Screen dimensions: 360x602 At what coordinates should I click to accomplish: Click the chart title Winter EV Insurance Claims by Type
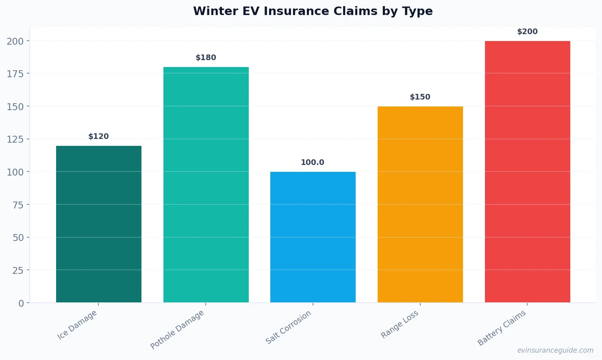click(x=313, y=11)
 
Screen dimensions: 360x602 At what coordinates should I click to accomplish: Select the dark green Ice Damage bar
click(x=99, y=224)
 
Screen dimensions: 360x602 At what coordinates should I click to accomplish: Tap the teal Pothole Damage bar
click(x=206, y=184)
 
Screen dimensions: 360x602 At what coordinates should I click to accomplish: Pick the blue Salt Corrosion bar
click(x=313, y=237)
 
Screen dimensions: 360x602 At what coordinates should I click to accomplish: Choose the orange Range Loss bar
click(x=420, y=204)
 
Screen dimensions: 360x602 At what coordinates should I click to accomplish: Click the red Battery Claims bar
click(x=527, y=171)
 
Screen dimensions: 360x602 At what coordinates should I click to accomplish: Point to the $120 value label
click(x=99, y=137)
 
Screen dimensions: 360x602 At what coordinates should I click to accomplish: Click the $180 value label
click(x=206, y=58)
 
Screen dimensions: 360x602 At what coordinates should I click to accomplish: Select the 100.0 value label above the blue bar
click(x=313, y=163)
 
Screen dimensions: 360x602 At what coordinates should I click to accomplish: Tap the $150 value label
click(x=420, y=97)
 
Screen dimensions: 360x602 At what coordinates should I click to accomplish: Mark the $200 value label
click(x=527, y=32)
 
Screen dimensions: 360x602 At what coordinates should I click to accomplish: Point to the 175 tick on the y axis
click(x=15, y=74)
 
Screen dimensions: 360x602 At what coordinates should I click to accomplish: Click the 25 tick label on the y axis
click(x=18, y=270)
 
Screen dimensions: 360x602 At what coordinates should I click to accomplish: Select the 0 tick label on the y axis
click(x=21, y=304)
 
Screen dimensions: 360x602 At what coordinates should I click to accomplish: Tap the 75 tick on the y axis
click(x=18, y=205)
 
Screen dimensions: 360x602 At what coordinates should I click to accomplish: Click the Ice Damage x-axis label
click(x=77, y=325)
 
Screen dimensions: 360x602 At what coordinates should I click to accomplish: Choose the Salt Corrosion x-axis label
click(x=288, y=327)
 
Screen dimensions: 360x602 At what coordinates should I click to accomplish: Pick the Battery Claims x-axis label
click(x=502, y=328)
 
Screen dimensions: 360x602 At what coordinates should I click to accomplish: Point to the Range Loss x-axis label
click(x=399, y=324)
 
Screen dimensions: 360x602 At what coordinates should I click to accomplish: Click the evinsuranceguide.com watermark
click(x=555, y=350)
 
